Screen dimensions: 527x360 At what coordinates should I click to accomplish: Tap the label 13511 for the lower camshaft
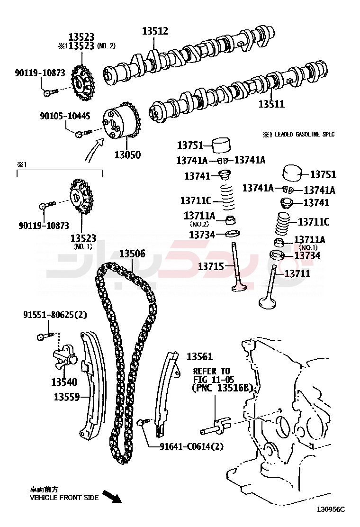tap(271, 104)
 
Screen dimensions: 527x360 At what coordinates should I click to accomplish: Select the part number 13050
tap(127, 154)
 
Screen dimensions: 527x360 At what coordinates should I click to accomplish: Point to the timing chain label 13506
tap(132, 254)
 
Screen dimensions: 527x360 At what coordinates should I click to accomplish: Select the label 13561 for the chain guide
tap(199, 356)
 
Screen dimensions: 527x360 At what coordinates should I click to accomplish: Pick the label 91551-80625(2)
tap(55, 315)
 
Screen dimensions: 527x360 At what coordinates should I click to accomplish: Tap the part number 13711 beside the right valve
tap(297, 273)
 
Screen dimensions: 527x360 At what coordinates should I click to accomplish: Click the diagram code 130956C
tap(331, 509)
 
